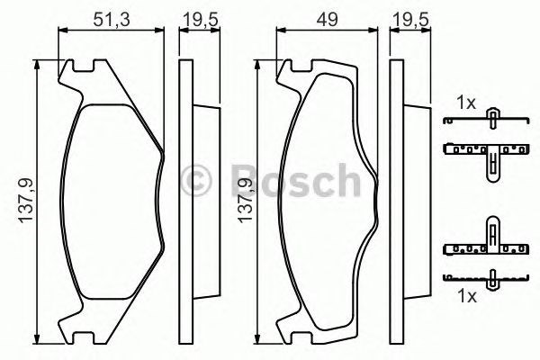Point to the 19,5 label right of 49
pos(410,15)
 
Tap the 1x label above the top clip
pos(465,103)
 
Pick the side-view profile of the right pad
pos(402,200)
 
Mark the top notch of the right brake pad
pos(296,67)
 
